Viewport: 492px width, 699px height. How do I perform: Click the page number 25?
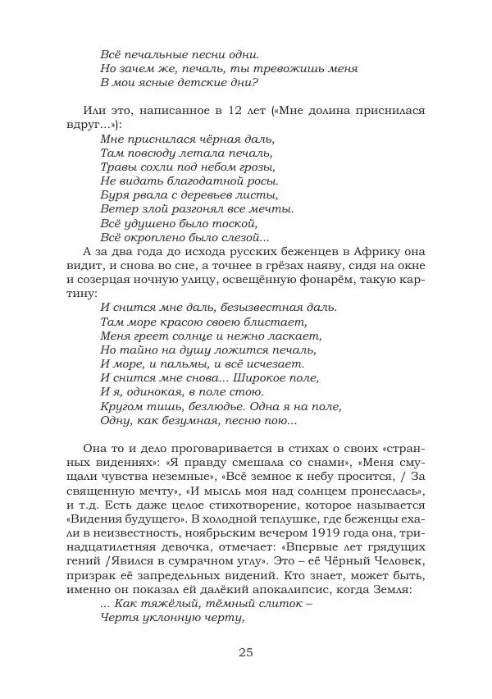point(246,652)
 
